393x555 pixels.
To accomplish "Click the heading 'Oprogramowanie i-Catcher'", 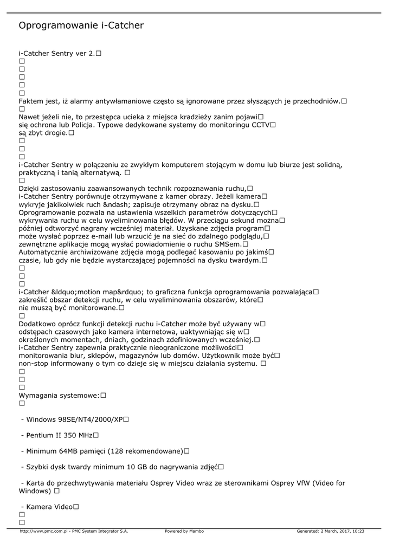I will [x=81, y=25].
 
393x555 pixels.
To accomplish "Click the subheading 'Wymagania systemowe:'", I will [x=59, y=396].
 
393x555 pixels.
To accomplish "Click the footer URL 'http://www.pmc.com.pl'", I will [x=43, y=532].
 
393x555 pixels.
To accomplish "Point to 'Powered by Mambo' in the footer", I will [x=184, y=532].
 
